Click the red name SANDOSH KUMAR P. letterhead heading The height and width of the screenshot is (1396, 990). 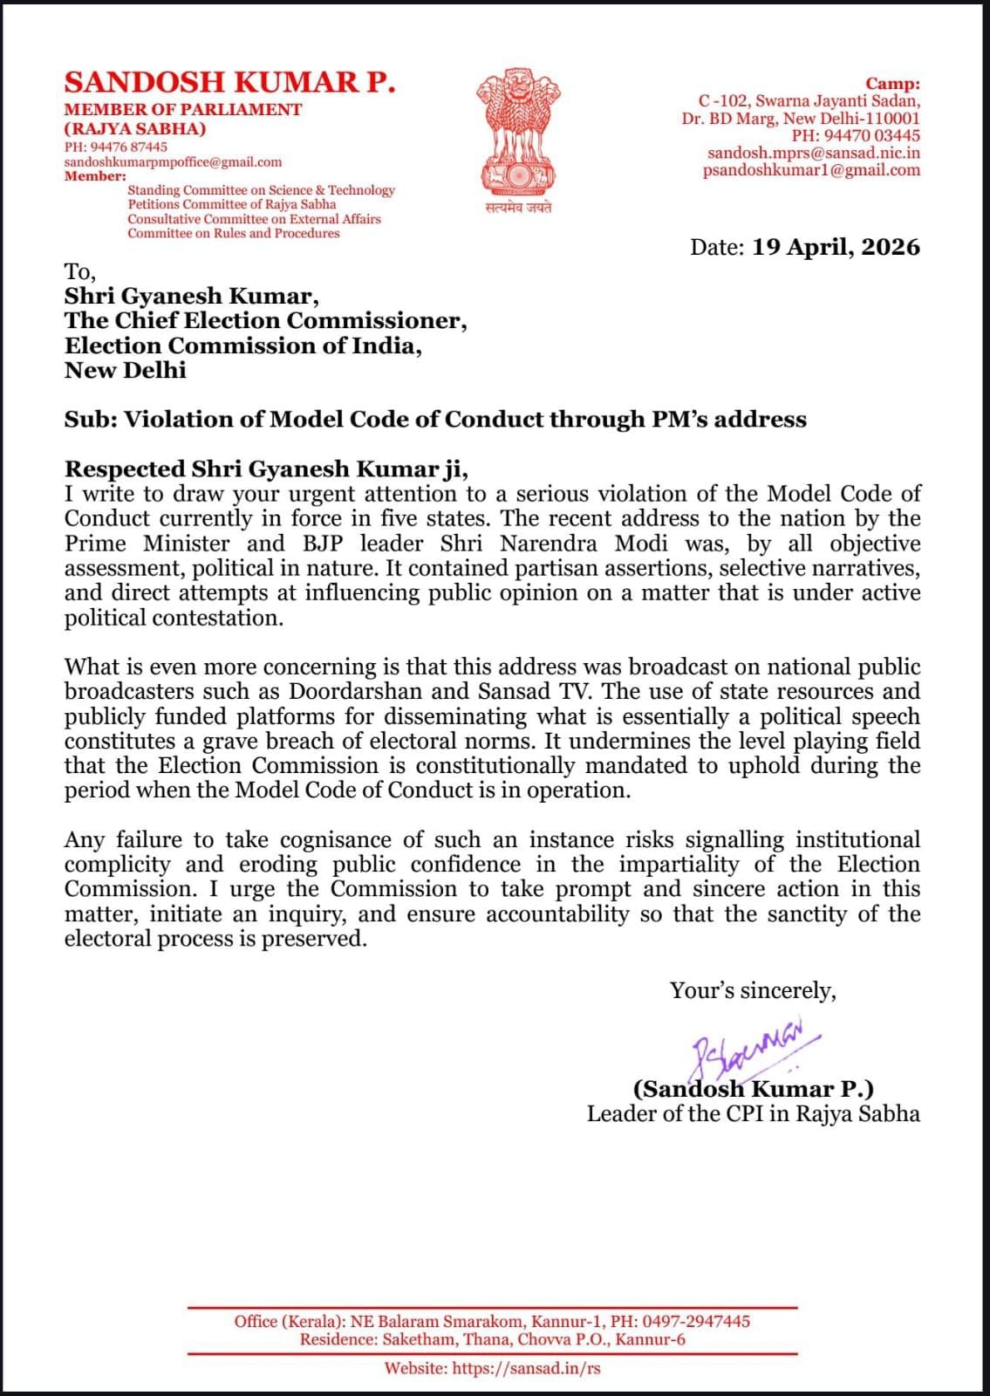click(229, 82)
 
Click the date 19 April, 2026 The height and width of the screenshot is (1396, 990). click(836, 247)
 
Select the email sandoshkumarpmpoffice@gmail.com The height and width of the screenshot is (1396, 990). click(173, 162)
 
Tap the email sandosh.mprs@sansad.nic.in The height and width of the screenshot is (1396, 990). click(813, 154)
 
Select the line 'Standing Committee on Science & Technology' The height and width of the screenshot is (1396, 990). click(261, 190)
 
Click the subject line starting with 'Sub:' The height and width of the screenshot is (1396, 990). click(434, 420)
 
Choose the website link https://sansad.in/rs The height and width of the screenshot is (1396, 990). click(526, 1368)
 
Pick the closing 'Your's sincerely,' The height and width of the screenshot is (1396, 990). click(752, 991)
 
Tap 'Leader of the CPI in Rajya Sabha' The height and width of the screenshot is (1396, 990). click(753, 1114)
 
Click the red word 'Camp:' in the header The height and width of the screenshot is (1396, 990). click(892, 85)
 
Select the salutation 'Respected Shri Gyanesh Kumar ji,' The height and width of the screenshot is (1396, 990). click(266, 469)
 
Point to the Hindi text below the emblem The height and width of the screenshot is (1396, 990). click(518, 208)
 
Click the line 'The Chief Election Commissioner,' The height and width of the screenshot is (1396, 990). click(265, 321)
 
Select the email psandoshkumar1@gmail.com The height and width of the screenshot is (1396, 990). click(811, 171)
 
